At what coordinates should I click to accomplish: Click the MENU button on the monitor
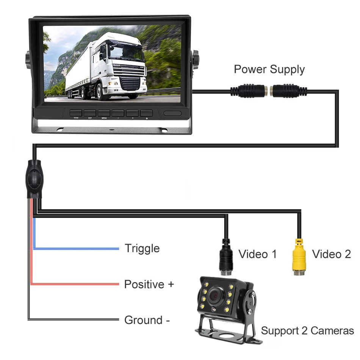point(104,113)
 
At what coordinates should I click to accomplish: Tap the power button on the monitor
point(146,113)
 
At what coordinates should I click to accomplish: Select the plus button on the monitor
point(132,113)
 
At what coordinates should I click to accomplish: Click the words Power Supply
point(269,69)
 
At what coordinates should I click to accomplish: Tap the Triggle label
point(142,249)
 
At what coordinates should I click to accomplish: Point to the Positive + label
point(149,284)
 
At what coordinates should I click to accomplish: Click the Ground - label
point(147,320)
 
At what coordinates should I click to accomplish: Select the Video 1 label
point(258,254)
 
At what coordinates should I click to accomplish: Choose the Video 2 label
point(332,254)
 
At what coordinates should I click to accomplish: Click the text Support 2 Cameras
point(307,331)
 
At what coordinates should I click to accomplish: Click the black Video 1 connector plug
point(226,258)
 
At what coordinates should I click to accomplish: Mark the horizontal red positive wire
point(76,284)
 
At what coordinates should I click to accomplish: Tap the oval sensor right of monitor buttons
point(172,113)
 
